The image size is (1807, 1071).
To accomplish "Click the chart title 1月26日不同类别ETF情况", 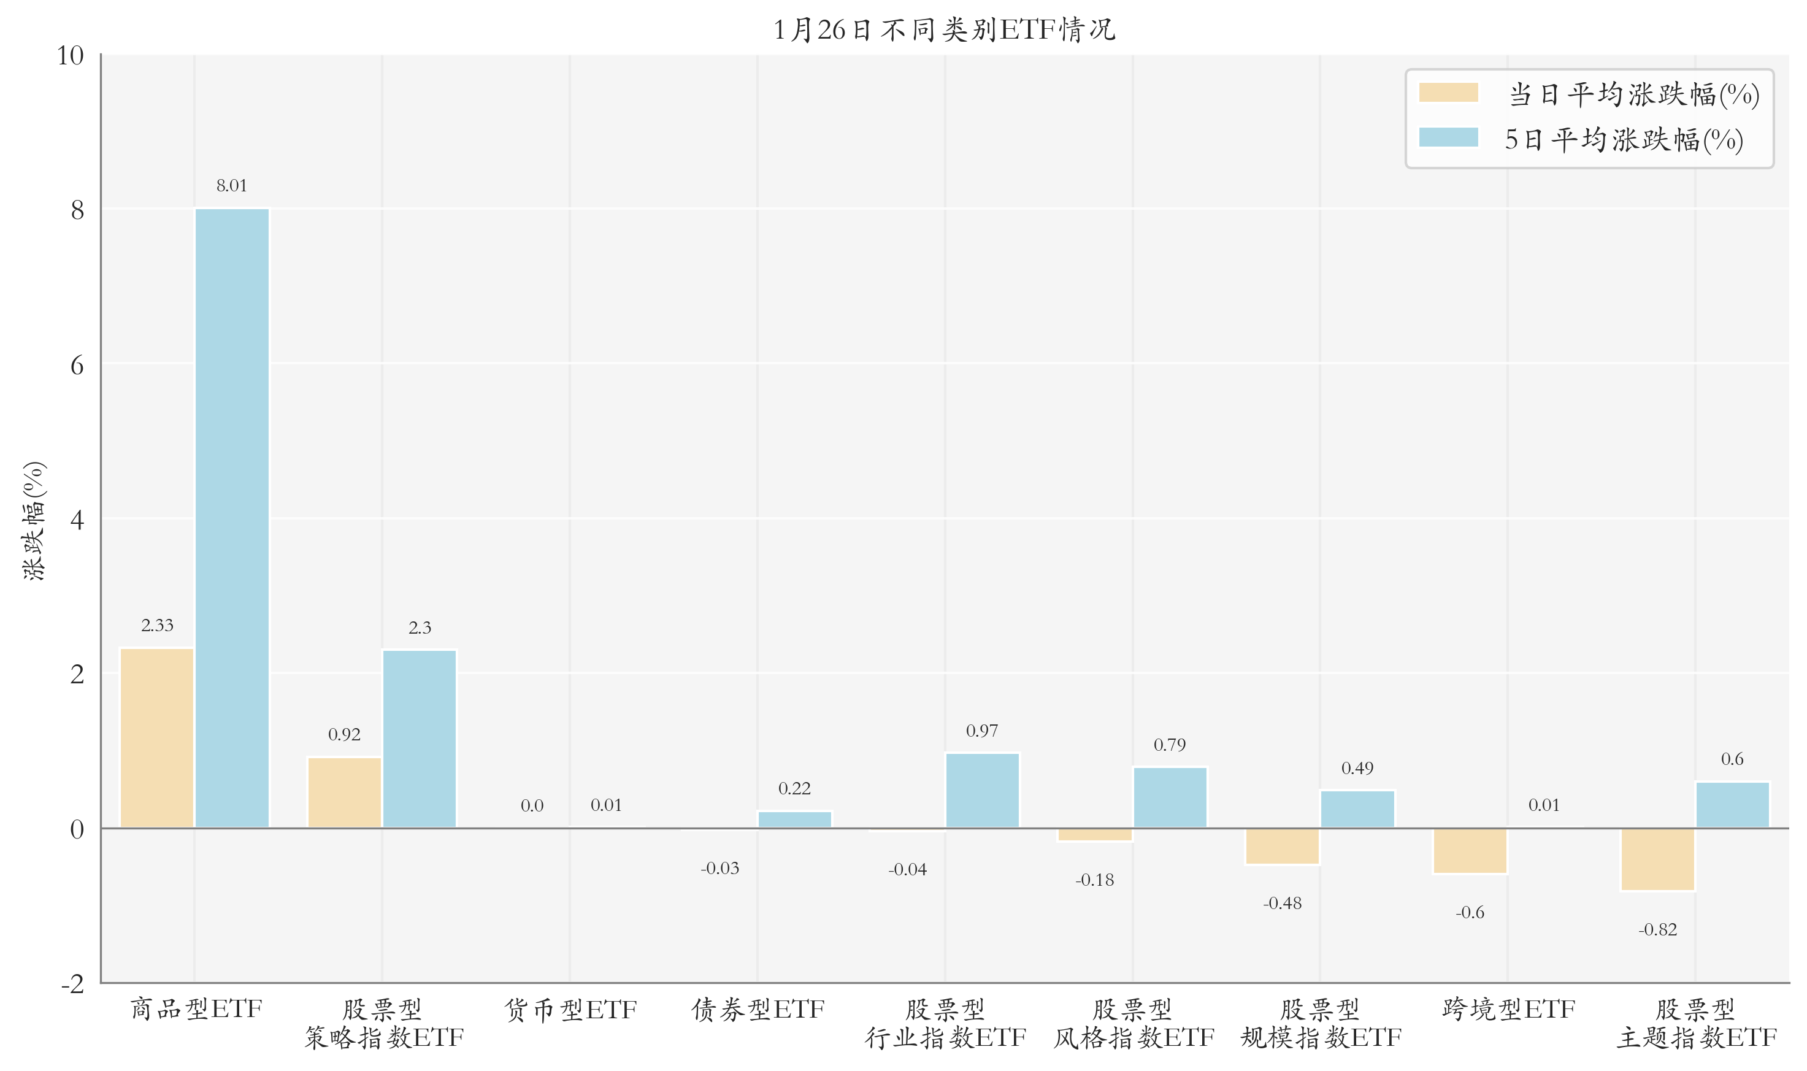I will pyautogui.click(x=944, y=29).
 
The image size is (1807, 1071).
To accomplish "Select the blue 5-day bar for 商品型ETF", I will pyautogui.click(x=232, y=518).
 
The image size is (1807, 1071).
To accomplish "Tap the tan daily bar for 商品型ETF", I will pyautogui.click(x=156, y=737).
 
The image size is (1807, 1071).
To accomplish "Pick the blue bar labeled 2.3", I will pyautogui.click(x=420, y=739).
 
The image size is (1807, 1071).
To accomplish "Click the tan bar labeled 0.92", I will pyautogui.click(x=344, y=792).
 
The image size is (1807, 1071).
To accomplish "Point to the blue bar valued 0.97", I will pyautogui.click(x=982, y=790).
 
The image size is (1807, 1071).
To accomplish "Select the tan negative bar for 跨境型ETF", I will pyautogui.click(x=1470, y=851).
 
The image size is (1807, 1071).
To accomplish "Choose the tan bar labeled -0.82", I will pyautogui.click(x=1657, y=859).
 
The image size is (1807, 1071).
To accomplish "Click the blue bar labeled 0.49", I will pyautogui.click(x=1357, y=809).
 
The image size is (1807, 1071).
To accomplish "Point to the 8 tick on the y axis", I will pyautogui.click(x=77, y=210).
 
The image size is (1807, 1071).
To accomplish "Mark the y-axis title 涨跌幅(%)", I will pyautogui.click(x=34, y=520).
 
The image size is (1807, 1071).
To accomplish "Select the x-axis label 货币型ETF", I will pyautogui.click(x=570, y=1009).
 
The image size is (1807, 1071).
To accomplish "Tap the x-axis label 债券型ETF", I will pyautogui.click(x=758, y=1009).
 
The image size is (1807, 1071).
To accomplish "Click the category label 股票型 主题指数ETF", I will pyautogui.click(x=1696, y=1023).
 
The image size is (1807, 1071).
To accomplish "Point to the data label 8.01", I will pyautogui.click(x=232, y=185).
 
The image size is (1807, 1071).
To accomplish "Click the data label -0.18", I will pyautogui.click(x=1095, y=880).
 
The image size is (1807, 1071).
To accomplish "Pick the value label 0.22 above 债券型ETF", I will pyautogui.click(x=794, y=788).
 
